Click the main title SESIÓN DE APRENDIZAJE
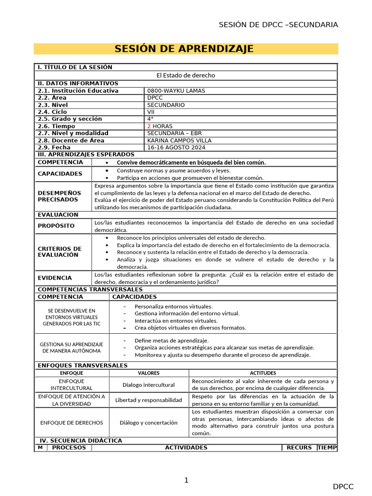pos(184,49)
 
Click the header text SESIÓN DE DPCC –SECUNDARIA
pos(278,25)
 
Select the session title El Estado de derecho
pos(186,75)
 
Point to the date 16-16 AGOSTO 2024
pos(176,147)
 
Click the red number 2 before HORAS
pos(149,126)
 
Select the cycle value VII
pos(151,112)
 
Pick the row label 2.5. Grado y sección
pos(70,119)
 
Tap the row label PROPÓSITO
pos(56,226)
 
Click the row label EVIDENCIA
pos(55,278)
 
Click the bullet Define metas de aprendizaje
pos(171,341)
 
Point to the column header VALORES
pos(149,373)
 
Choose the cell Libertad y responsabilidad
pos(149,400)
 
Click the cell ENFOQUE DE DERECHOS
pos(72,422)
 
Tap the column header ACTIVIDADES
pos(186,448)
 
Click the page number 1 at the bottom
pos(186,480)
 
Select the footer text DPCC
pos(343,487)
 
